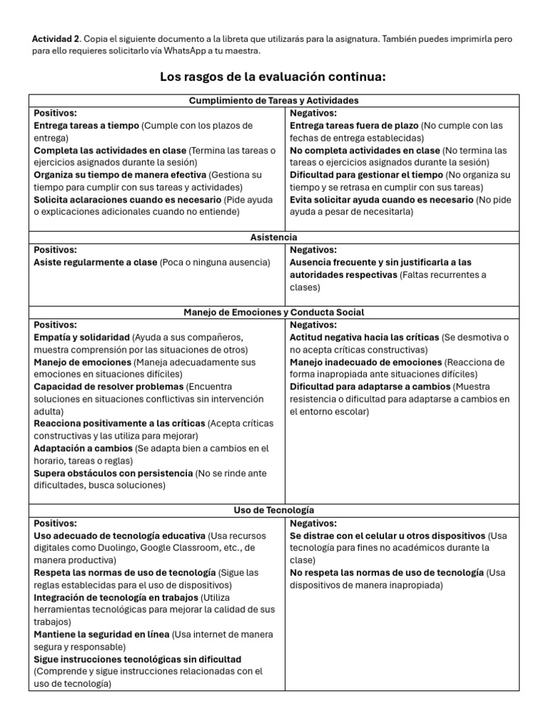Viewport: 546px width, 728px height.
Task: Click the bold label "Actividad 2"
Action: pyautogui.click(x=56, y=38)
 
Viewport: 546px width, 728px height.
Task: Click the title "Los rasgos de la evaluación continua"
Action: pyautogui.click(x=273, y=77)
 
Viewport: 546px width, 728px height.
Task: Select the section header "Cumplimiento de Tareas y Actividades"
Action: pyautogui.click(x=274, y=100)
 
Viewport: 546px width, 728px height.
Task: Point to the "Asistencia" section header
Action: pyautogui.click(x=274, y=237)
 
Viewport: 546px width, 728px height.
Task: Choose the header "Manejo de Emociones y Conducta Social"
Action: pyautogui.click(x=274, y=312)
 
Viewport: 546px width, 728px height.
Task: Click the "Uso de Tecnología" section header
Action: pyautogui.click(x=274, y=510)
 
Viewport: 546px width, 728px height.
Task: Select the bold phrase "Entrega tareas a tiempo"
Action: pyautogui.click(x=86, y=126)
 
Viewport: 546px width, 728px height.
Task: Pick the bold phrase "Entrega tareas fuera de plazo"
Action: pyautogui.click(x=354, y=126)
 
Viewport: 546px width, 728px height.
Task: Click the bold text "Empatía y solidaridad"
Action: pyautogui.click(x=82, y=337)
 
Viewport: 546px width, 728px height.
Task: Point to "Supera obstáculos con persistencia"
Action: pyautogui.click(x=113, y=473)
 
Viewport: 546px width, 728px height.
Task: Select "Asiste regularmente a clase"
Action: pyautogui.click(x=95, y=262)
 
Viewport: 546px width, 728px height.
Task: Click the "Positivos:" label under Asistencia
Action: pyautogui.click(x=55, y=250)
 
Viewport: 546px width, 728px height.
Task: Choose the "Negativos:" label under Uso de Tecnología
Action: pyautogui.click(x=314, y=523)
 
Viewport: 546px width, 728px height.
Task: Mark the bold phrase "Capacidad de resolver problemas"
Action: pyautogui.click(x=108, y=387)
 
